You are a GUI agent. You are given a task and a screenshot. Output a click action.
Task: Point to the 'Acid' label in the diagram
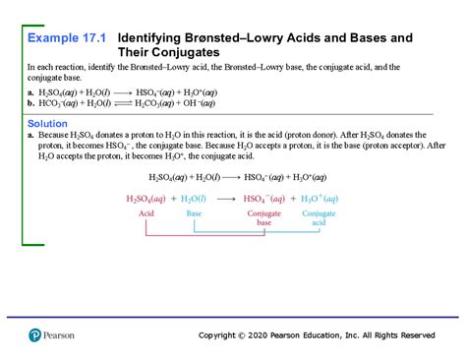tap(146, 213)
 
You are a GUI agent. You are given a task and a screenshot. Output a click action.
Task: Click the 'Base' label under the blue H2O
tap(194, 213)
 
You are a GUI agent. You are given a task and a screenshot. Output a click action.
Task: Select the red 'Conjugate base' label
tap(264, 218)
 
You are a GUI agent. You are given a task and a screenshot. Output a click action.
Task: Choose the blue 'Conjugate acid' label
tap(320, 218)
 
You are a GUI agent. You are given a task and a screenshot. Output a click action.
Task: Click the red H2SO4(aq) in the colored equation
tap(146, 198)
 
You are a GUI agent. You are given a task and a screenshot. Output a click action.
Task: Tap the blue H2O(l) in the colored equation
tap(196, 198)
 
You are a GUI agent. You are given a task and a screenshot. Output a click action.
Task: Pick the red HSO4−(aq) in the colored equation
tap(264, 198)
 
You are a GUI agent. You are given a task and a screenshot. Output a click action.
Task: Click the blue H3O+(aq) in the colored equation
tap(320, 198)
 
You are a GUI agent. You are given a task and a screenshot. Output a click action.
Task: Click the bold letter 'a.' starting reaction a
tap(31, 90)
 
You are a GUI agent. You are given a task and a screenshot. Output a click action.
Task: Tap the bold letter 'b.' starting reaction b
tap(31, 101)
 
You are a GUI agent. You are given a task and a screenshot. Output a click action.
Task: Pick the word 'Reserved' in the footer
tap(414, 335)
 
